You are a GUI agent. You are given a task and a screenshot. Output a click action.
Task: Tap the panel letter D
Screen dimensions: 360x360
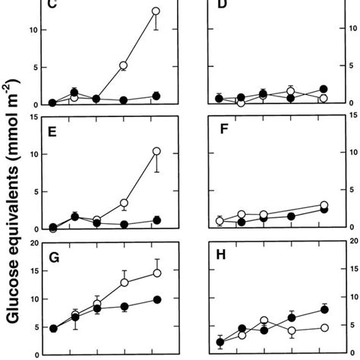pos(223,7)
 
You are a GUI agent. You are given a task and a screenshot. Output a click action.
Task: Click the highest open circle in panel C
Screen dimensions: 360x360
pos(156,11)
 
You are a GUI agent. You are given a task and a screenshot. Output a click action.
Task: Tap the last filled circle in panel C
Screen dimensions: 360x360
pos(156,96)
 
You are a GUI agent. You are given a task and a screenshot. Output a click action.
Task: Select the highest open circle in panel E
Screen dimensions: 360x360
pos(156,151)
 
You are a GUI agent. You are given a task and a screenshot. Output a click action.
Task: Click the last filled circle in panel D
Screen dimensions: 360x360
pos(324,89)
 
